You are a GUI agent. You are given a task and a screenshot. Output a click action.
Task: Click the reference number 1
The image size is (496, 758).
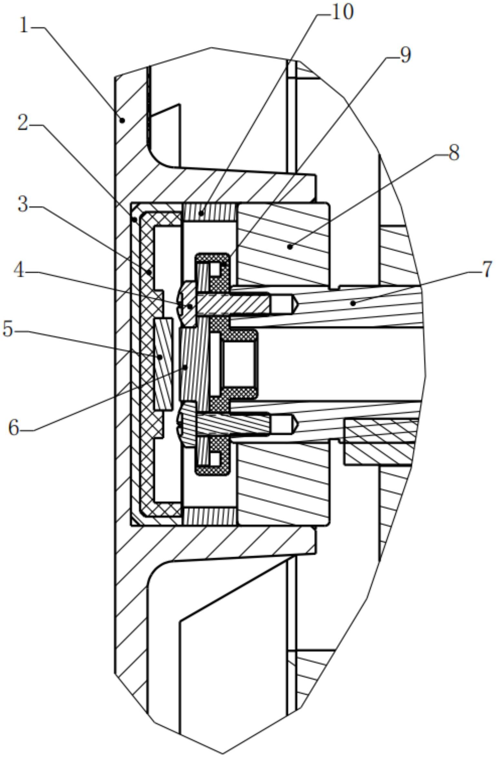[x=25, y=26]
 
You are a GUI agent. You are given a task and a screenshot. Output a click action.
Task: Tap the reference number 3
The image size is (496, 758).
[x=23, y=204]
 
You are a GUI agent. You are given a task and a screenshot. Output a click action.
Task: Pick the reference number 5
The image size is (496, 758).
[x=8, y=330]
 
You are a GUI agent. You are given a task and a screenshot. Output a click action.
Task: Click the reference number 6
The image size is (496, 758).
[x=13, y=428]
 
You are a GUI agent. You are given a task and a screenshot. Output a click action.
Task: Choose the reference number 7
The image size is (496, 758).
[x=487, y=269]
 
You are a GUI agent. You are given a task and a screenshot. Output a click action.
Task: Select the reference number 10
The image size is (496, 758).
[x=342, y=12]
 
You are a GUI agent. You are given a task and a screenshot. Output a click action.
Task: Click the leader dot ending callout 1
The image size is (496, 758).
[x=122, y=121]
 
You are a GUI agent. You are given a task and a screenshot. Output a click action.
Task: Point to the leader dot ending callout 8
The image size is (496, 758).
[x=290, y=247]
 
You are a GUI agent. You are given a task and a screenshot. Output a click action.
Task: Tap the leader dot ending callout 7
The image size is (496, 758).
[x=353, y=303]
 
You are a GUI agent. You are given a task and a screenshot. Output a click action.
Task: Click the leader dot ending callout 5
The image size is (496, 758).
[x=159, y=357]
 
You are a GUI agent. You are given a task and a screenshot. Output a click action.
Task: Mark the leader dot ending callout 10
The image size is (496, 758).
[x=201, y=213]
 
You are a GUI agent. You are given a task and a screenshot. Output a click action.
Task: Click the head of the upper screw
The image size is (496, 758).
[x=187, y=304]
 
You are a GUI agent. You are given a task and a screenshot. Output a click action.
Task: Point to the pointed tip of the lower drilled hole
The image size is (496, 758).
[x=297, y=424]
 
